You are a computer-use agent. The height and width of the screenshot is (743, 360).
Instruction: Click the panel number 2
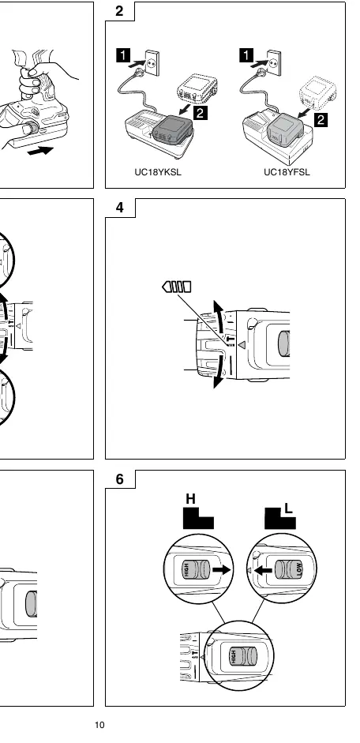(119, 11)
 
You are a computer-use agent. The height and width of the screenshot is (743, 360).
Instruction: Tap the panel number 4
(120, 208)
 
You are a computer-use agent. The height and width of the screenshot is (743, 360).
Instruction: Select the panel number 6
(120, 479)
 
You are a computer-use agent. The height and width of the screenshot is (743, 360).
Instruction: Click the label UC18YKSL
(158, 172)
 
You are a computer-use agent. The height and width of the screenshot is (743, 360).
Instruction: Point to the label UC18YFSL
(287, 172)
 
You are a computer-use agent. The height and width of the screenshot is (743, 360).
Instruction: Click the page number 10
(99, 725)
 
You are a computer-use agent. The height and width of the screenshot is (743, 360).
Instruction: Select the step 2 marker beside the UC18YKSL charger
(201, 113)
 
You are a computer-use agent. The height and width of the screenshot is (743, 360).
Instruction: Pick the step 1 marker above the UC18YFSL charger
(246, 55)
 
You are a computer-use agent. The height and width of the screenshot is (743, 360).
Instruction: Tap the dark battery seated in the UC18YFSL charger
(285, 128)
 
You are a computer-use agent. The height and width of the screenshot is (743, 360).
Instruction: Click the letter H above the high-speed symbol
(190, 499)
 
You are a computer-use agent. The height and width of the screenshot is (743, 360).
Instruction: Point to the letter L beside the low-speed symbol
(288, 509)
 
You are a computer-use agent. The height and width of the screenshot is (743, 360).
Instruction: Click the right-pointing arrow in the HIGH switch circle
(220, 569)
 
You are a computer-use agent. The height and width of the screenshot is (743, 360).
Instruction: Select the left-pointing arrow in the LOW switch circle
(264, 569)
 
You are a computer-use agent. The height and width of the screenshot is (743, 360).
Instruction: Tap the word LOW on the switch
(299, 569)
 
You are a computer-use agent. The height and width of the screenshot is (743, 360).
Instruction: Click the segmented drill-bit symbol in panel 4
(177, 287)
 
